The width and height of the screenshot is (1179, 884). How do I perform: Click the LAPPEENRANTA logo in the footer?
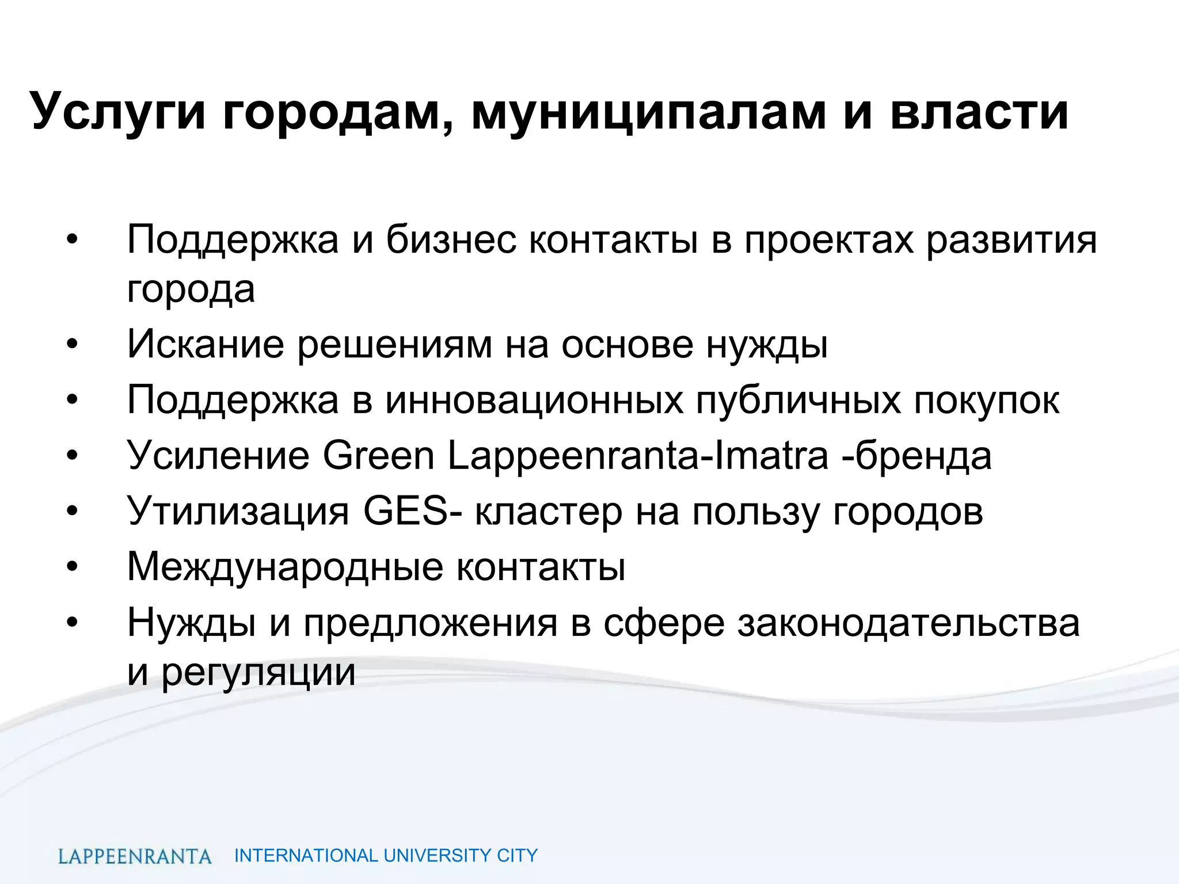135,856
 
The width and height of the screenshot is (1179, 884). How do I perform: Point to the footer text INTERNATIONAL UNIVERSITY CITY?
386,856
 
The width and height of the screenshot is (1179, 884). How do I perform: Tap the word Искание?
206,344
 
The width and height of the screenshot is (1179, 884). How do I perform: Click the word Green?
378,455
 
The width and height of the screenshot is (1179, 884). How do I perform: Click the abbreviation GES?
405,510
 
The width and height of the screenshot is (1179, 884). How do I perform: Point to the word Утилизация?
238,510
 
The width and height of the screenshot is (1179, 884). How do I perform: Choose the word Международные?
285,566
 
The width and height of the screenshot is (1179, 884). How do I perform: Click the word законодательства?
908,622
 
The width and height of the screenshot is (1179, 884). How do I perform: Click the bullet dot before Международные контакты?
71,567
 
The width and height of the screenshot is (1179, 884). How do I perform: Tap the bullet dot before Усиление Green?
71,456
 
